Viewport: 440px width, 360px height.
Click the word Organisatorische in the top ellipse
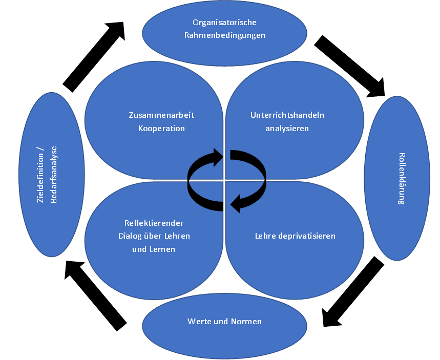[224, 23]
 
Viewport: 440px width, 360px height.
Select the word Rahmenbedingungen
[224, 36]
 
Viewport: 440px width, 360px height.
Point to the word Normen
[248, 322]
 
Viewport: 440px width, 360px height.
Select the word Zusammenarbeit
[161, 115]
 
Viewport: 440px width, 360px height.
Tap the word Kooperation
[161, 128]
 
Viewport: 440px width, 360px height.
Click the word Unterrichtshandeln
[287, 115]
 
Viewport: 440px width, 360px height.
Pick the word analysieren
[287, 128]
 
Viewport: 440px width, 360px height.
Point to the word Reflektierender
[154, 223]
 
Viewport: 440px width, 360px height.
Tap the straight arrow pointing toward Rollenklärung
[350, 67]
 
